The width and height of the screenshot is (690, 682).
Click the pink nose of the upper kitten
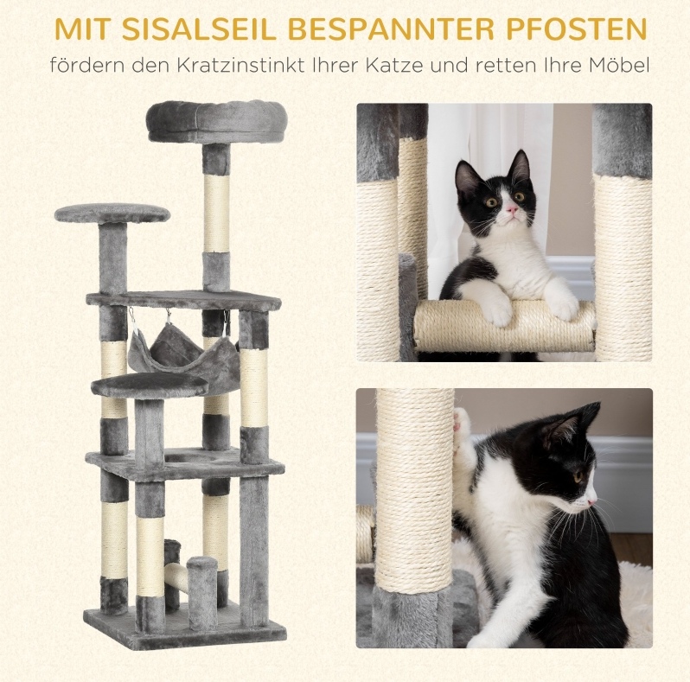point(511,209)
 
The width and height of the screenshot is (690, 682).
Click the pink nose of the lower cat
point(593,501)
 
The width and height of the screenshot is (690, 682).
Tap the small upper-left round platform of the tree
point(112,214)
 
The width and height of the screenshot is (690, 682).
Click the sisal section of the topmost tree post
point(216,214)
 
